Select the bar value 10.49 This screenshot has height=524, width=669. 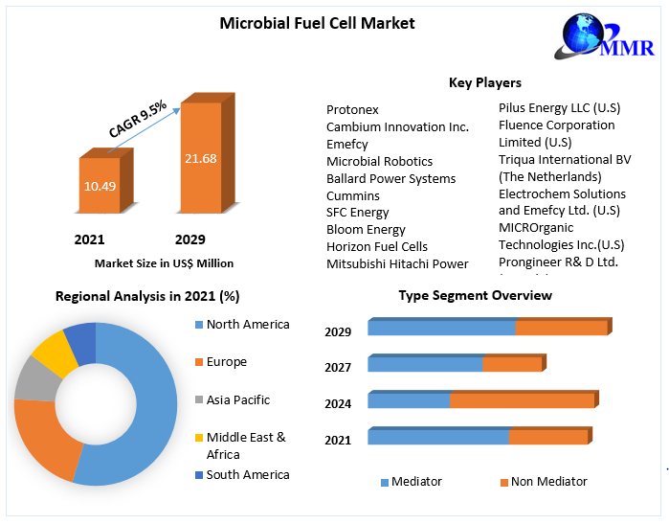coord(100,185)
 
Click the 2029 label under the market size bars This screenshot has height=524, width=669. coord(190,239)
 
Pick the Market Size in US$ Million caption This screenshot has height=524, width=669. coord(164,262)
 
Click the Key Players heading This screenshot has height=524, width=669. coord(485,82)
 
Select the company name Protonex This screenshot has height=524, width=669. coord(352,109)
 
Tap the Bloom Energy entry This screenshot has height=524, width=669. coord(366,230)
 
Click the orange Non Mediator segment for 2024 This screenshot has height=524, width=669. coord(522,400)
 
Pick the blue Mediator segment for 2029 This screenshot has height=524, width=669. coord(441,328)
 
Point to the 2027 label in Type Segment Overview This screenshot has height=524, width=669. coord(338,367)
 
